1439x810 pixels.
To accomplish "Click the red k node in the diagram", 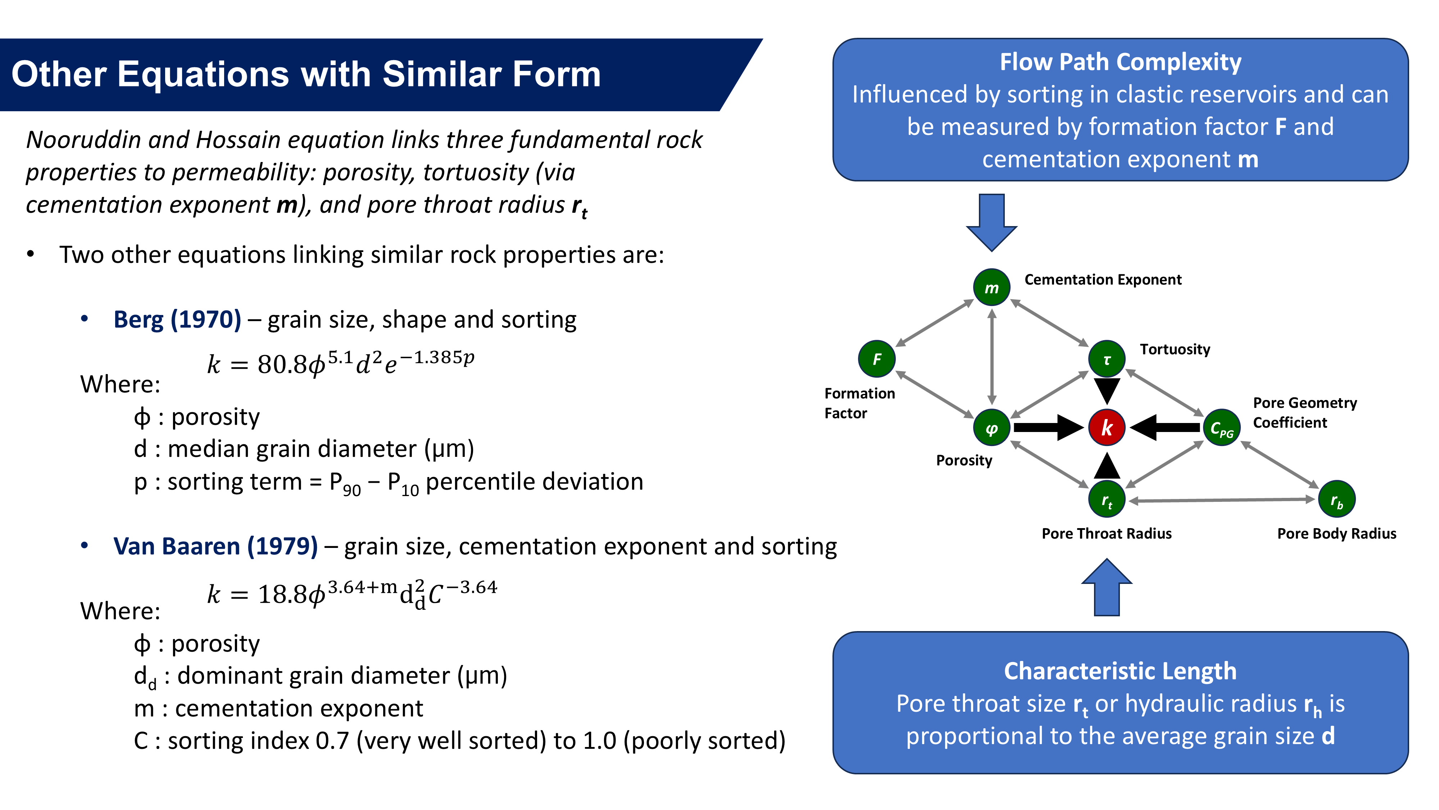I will click(x=1106, y=428).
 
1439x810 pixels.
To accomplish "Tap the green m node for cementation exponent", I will click(x=991, y=287).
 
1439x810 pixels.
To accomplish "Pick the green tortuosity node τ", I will click(x=1107, y=359).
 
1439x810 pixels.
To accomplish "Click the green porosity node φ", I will click(x=991, y=428).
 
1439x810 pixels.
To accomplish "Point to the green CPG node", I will click(x=1222, y=428).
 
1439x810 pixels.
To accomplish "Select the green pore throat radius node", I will click(x=1107, y=499).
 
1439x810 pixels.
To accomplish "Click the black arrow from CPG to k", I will click(x=1165, y=428).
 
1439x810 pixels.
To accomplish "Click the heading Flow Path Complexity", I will click(x=1120, y=62).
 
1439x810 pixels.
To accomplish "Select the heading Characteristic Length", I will click(x=1120, y=671).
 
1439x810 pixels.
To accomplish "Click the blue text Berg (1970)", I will click(x=177, y=320).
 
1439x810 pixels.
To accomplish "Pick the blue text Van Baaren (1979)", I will click(x=215, y=546).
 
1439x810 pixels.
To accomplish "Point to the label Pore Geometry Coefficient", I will click(x=1304, y=413).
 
